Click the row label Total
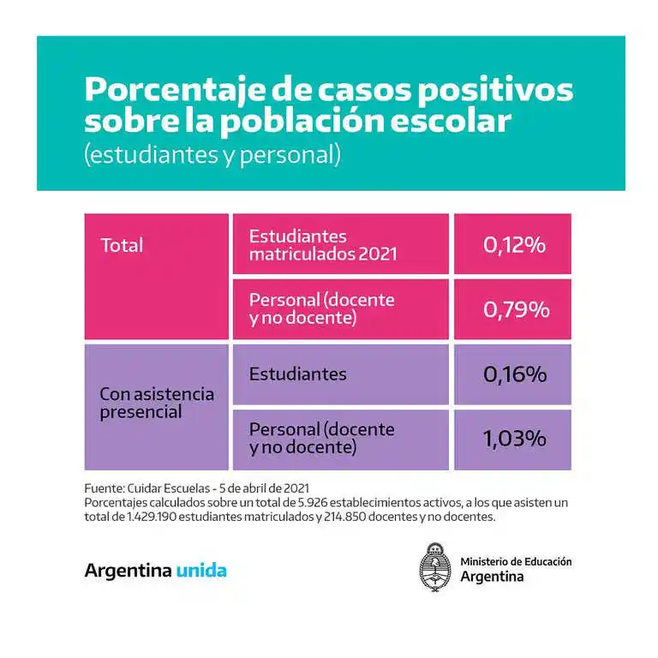coord(123,246)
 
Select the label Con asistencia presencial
coord(157,403)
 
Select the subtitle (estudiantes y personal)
coord(212,156)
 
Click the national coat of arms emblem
coord(434,569)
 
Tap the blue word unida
coord(201,571)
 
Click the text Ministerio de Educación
coord(516,561)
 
